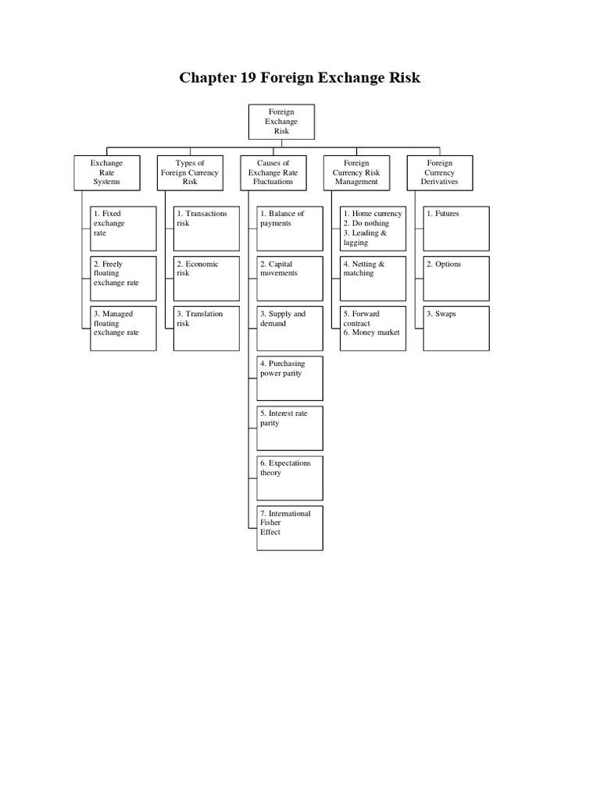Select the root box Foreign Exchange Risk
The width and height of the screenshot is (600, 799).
(x=281, y=122)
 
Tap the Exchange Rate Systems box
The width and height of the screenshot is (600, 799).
(x=106, y=172)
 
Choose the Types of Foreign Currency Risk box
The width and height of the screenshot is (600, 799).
(x=190, y=172)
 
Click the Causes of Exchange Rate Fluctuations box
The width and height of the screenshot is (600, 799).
(x=273, y=172)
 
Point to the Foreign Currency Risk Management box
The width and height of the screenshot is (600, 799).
(x=357, y=172)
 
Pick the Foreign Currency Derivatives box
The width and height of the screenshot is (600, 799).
(x=440, y=172)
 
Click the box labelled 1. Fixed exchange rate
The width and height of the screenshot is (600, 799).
(x=123, y=228)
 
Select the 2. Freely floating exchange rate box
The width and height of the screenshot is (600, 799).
(x=123, y=278)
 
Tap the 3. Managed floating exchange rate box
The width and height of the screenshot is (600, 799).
(x=123, y=328)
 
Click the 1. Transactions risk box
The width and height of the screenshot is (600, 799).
(x=207, y=228)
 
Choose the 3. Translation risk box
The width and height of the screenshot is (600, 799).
(x=207, y=328)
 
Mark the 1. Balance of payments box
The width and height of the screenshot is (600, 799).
(x=291, y=228)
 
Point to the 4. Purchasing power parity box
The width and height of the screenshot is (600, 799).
(x=291, y=378)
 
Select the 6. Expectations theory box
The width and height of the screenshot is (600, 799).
(x=291, y=478)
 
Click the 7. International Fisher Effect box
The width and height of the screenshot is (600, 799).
(x=291, y=527)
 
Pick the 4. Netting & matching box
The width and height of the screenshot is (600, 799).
(x=373, y=278)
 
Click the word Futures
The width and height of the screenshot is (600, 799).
(x=447, y=214)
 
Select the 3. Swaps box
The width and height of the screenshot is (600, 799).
(x=457, y=328)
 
